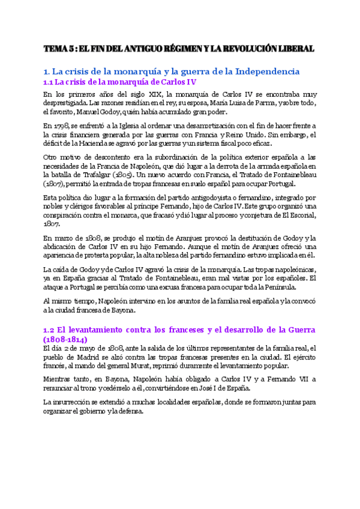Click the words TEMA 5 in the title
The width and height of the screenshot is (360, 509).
[x=61, y=48]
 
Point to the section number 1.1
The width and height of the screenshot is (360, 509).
[x=49, y=82]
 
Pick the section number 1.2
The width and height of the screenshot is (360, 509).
[x=50, y=330]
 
